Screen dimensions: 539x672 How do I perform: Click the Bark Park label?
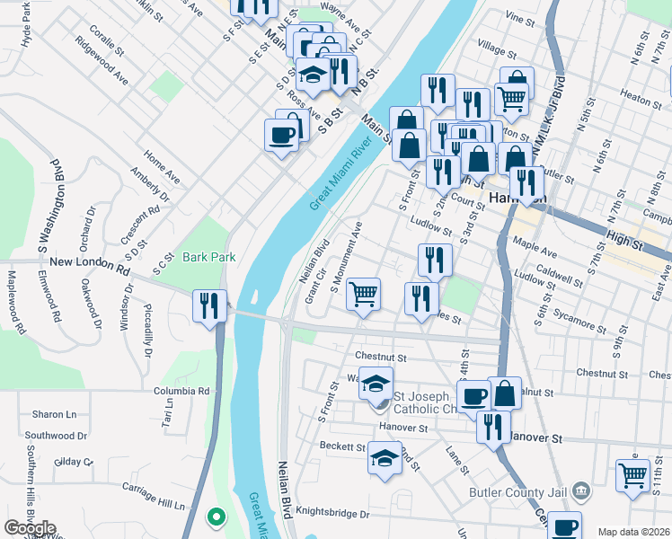pyautogui.click(x=208, y=257)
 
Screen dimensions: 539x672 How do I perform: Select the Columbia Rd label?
pyautogui.click(x=181, y=391)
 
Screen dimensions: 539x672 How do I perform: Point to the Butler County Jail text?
pyautogui.click(x=519, y=491)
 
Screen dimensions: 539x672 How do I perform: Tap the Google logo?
pyautogui.click(x=31, y=528)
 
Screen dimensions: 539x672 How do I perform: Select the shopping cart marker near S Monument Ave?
pyautogui.click(x=363, y=293)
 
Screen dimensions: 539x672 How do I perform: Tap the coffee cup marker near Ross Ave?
pyautogui.click(x=282, y=136)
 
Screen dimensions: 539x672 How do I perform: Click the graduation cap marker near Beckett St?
pyautogui.click(x=385, y=458)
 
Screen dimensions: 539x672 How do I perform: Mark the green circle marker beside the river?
pyautogui.click(x=215, y=517)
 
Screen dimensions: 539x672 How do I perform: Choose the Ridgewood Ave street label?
pyautogui.click(x=102, y=61)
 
